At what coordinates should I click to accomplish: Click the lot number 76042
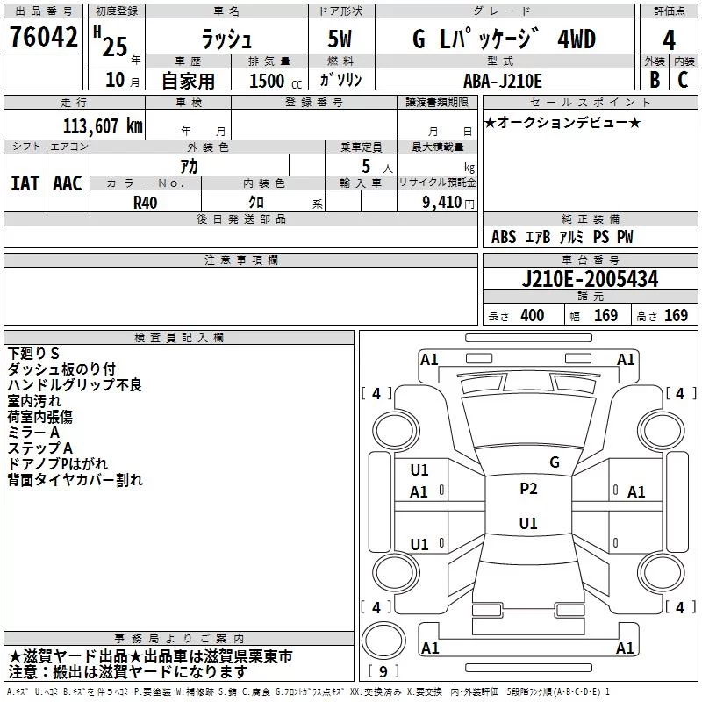pyautogui.click(x=43, y=36)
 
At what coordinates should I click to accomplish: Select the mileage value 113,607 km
pyautogui.click(x=103, y=126)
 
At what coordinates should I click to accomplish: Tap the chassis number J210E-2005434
pyautogui.click(x=590, y=279)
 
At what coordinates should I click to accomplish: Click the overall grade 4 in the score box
pyautogui.click(x=669, y=40)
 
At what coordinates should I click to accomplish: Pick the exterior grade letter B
pyautogui.click(x=655, y=80)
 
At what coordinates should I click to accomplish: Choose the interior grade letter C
pyautogui.click(x=683, y=80)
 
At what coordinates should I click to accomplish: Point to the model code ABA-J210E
pyautogui.click(x=502, y=81)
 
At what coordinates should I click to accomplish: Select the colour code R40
pyautogui.click(x=145, y=203)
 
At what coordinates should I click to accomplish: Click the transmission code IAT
pyautogui.click(x=25, y=183)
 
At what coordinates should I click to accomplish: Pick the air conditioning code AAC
pyautogui.click(x=68, y=183)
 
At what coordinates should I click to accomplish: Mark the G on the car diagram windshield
pyautogui.click(x=555, y=462)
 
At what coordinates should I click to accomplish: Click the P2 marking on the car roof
pyautogui.click(x=528, y=489)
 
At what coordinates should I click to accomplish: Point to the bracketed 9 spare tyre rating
pyautogui.click(x=383, y=671)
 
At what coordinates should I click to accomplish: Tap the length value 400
pyautogui.click(x=533, y=315)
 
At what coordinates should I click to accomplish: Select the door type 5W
pyautogui.click(x=340, y=39)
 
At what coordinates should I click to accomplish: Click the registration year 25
pyautogui.click(x=115, y=47)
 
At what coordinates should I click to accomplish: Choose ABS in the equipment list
pyautogui.click(x=504, y=237)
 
